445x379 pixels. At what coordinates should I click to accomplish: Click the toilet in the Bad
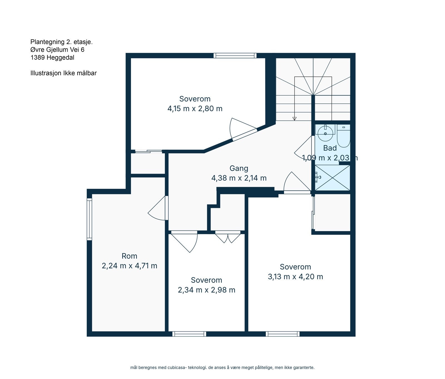(343, 137)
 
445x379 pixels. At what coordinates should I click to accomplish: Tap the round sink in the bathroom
(325, 133)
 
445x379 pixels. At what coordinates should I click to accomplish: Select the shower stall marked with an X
(332, 178)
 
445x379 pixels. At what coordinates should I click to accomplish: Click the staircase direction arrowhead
(294, 119)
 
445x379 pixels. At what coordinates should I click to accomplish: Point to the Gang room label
(239, 168)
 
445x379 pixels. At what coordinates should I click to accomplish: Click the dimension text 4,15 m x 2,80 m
(195, 109)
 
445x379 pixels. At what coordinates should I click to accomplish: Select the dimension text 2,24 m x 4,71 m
(129, 266)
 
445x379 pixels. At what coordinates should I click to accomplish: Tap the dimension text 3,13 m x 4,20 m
(295, 277)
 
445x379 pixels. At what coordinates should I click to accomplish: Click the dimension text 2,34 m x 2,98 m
(206, 290)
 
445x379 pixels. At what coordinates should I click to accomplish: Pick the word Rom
(129, 256)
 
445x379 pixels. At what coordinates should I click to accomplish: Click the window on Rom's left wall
(89, 219)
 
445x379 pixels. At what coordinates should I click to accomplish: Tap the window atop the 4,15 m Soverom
(235, 55)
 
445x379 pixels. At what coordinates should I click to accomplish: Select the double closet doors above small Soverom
(228, 237)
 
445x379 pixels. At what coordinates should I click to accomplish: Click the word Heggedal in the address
(60, 58)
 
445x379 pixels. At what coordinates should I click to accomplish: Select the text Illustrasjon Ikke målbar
(63, 73)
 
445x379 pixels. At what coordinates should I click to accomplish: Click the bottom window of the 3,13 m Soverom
(283, 334)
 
